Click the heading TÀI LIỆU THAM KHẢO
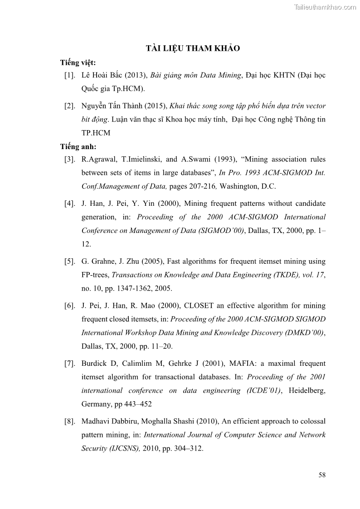[x=193, y=49]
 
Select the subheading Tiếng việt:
[x=78, y=63]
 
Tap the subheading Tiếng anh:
[x=78, y=146]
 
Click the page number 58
[x=322, y=475]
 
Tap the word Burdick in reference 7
[x=94, y=364]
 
